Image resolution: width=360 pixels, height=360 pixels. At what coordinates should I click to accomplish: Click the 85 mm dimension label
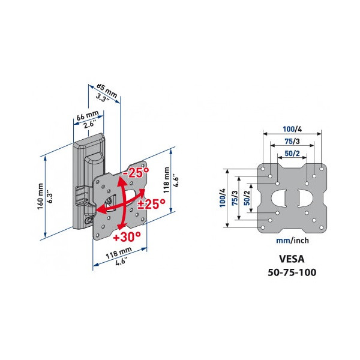[107, 90]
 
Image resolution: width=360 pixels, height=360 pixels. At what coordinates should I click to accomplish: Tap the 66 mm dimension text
[87, 115]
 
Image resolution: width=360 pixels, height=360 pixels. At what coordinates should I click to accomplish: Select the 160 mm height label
[40, 196]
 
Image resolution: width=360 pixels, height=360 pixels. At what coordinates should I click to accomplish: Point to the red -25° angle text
[136, 172]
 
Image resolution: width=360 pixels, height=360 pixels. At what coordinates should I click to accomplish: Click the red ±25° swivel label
[152, 204]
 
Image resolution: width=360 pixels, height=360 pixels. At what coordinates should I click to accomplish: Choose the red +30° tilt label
[127, 236]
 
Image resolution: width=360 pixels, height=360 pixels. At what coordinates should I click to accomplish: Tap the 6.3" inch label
[50, 196]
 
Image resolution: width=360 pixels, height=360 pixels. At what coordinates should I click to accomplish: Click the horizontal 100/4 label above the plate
[292, 129]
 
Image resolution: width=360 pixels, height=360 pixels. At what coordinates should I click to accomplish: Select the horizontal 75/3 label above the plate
[292, 141]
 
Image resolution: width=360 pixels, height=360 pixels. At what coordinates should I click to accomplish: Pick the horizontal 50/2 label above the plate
[292, 153]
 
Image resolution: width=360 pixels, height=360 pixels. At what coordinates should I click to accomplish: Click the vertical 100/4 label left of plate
[223, 198]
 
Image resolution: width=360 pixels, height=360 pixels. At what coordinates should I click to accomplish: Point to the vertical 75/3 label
[235, 198]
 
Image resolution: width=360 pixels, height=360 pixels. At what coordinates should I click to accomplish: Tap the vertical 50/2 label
[247, 198]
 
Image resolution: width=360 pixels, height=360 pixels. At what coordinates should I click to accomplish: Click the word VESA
[292, 259]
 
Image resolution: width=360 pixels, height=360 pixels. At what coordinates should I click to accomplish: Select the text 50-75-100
[292, 272]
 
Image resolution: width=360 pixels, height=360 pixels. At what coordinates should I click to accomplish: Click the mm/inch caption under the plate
[292, 241]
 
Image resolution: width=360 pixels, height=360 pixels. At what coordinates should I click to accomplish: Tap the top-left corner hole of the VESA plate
[263, 169]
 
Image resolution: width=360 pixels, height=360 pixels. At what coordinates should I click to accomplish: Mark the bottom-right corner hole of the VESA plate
[321, 228]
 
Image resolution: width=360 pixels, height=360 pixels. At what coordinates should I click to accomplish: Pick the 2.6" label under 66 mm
[89, 125]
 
